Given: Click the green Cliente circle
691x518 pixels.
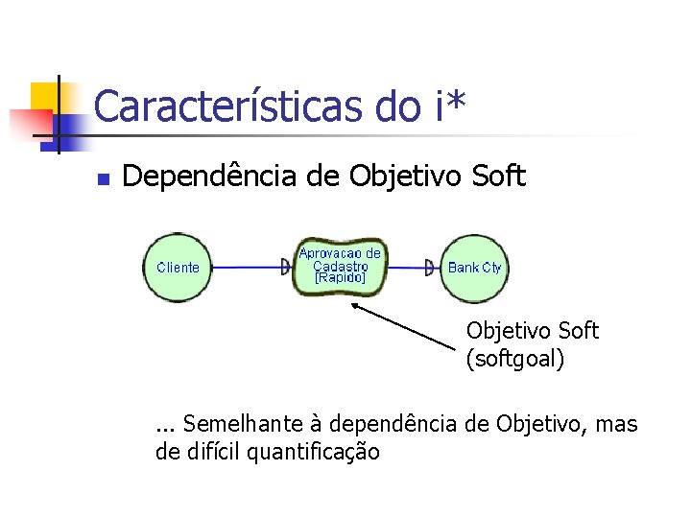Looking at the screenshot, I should [x=177, y=268].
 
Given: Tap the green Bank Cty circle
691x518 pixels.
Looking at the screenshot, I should [x=475, y=268].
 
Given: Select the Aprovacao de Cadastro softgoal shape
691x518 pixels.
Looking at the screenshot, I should [x=340, y=266].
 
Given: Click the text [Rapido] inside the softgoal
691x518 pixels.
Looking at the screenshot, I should [x=340, y=278].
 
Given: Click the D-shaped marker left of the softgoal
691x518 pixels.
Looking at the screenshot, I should [x=287, y=268].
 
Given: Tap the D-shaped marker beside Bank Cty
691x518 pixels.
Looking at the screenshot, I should [x=430, y=268].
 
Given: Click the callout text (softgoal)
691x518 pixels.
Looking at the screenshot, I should [x=515, y=360].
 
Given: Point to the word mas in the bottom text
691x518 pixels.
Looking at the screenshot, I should [x=617, y=423].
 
